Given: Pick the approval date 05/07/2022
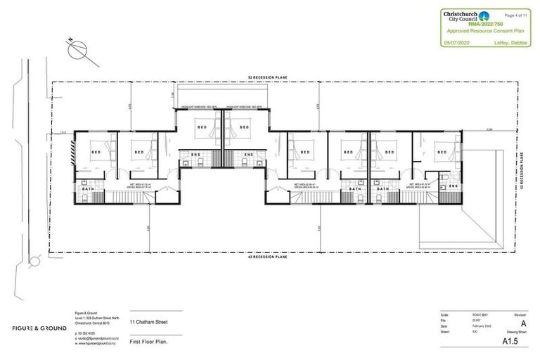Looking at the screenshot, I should tap(457, 43).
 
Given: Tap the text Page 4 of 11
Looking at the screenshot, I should tap(519, 14).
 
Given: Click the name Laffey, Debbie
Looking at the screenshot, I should tap(517, 43).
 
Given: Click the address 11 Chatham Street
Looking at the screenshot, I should tap(148, 323).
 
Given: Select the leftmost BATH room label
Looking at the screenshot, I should tap(89, 189).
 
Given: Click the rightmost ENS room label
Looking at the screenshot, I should tap(454, 186).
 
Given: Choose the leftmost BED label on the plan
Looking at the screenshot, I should tap(96, 152).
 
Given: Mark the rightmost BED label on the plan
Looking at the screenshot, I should tap(441, 151).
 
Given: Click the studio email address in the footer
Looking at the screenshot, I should tap(98, 339).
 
